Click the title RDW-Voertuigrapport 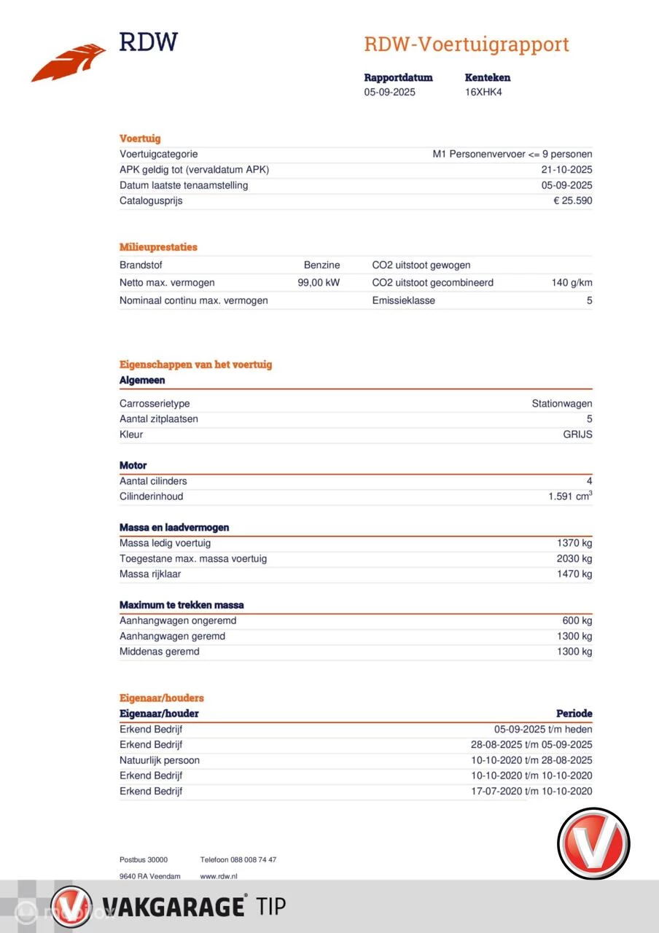pyautogui.click(x=467, y=44)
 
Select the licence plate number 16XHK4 pyautogui.click(x=483, y=93)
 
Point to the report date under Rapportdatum pyautogui.click(x=390, y=93)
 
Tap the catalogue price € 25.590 pyautogui.click(x=573, y=200)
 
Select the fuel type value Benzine pyautogui.click(x=322, y=265)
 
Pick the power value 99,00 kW pyautogui.click(x=319, y=283)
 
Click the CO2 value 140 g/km pyautogui.click(x=572, y=283)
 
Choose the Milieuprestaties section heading pyautogui.click(x=158, y=247)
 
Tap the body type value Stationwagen pyautogui.click(x=562, y=404)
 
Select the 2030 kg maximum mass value pyautogui.click(x=574, y=558)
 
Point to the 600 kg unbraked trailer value pyautogui.click(x=577, y=620)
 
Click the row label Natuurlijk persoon pyautogui.click(x=160, y=760)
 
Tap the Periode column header pyautogui.click(x=574, y=714)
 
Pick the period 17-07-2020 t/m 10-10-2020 pyautogui.click(x=531, y=791)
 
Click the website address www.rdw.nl pyautogui.click(x=219, y=876)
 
